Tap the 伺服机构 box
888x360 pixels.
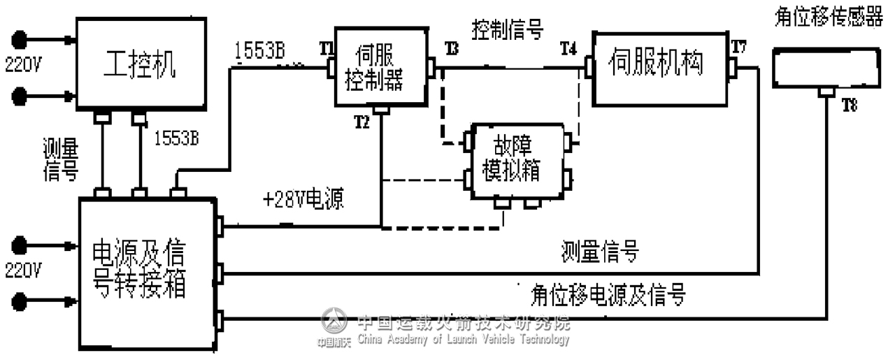659,66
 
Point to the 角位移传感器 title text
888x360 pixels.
829,17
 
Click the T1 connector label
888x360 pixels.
326,48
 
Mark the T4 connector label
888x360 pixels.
568,48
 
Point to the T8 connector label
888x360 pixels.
849,105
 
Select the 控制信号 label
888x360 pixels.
508,29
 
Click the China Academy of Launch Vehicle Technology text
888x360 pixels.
463,340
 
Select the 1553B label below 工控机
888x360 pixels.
176,138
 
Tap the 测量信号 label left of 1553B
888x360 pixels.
61,160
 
